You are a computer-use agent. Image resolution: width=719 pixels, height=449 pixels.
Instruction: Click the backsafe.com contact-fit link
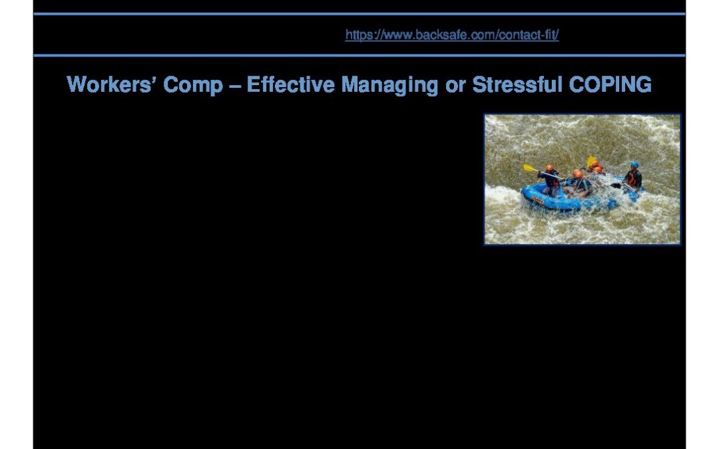(451, 35)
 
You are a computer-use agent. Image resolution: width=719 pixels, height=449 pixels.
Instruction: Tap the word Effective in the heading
(290, 84)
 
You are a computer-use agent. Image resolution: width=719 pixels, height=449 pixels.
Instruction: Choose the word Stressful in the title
(517, 84)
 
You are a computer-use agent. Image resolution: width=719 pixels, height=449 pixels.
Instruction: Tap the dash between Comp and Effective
(235, 86)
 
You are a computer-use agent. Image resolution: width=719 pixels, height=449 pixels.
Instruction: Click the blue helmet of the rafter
(634, 164)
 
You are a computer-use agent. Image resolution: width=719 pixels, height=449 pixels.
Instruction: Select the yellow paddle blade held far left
(530, 168)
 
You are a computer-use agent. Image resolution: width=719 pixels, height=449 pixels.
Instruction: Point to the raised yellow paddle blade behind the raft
(591, 161)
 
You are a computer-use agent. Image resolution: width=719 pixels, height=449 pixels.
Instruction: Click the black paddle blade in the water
(615, 186)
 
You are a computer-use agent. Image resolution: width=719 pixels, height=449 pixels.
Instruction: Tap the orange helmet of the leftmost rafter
(549, 168)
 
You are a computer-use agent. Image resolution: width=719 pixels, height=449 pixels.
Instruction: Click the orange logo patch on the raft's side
(537, 200)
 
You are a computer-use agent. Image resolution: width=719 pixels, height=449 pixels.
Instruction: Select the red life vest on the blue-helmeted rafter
(633, 178)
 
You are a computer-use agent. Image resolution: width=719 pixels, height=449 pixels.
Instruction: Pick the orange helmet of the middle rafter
(577, 174)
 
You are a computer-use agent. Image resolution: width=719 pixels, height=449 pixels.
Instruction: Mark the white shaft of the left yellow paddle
(550, 174)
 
